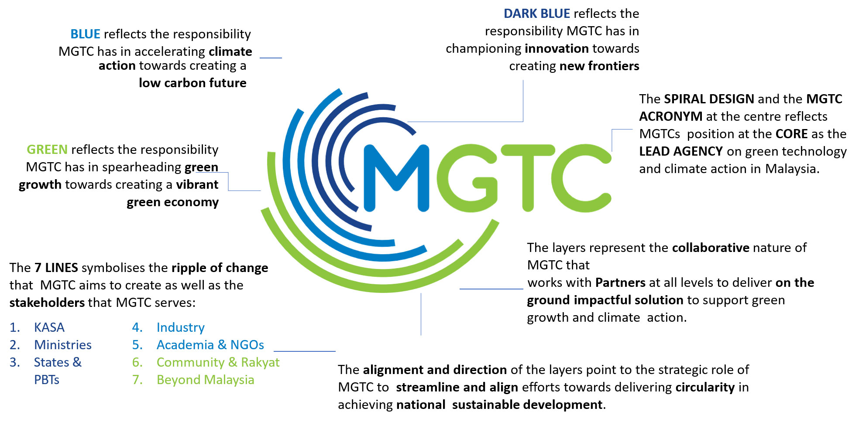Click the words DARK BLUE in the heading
[537, 14]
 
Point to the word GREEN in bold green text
[47, 150]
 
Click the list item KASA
[49, 327]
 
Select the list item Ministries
[63, 345]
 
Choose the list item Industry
[181, 327]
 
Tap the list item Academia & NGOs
[210, 345]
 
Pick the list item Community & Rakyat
[218, 362]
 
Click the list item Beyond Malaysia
[206, 380]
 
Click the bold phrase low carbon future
[192, 83]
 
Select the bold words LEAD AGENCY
[681, 151]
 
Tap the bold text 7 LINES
[56, 268]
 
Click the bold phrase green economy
[173, 202]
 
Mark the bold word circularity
[705, 387]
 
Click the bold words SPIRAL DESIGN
[709, 99]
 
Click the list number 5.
[137, 345]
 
